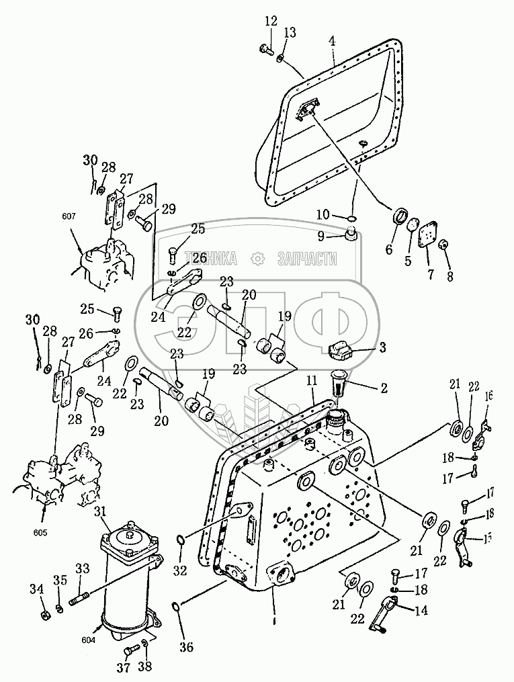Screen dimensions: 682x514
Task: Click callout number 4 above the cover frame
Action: (x=332, y=41)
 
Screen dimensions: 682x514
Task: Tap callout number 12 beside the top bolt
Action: (x=270, y=22)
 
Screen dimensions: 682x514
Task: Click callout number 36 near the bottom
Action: (x=186, y=647)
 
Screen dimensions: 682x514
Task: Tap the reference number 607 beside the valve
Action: (x=70, y=217)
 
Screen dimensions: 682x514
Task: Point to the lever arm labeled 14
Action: (x=390, y=612)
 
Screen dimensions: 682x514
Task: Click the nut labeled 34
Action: (x=43, y=615)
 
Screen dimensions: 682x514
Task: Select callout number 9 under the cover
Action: (x=321, y=236)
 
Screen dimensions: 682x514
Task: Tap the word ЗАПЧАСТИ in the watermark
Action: (x=306, y=258)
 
